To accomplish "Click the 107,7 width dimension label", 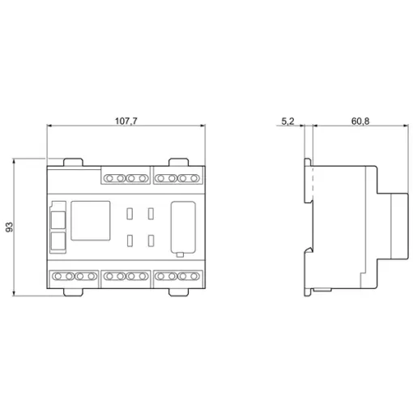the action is click(x=126, y=121).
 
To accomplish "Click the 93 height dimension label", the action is click(x=10, y=227).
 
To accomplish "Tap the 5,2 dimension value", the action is click(x=287, y=121).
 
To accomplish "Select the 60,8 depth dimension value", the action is click(x=360, y=121).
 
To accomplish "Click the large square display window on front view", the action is click(x=91, y=220).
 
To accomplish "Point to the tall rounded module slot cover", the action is click(x=183, y=228).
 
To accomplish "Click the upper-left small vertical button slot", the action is click(x=130, y=214).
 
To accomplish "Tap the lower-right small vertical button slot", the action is click(x=151, y=241).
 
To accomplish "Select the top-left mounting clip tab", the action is click(x=73, y=162).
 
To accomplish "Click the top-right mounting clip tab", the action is click(x=178, y=162).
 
